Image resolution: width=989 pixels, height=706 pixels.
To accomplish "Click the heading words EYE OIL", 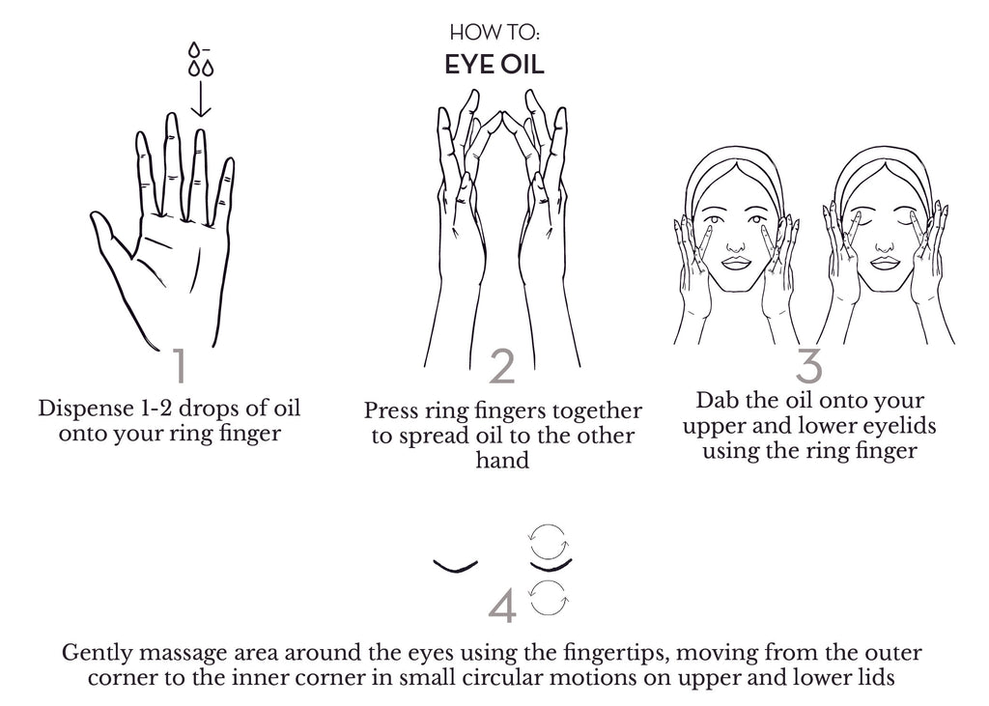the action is tap(494, 65).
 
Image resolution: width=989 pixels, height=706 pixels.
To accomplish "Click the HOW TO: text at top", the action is tap(494, 32).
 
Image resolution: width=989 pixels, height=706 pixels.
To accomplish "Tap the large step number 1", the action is tap(181, 365).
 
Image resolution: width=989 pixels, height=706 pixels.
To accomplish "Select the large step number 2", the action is tap(502, 367).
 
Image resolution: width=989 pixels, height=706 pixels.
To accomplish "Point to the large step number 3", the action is tap(808, 365).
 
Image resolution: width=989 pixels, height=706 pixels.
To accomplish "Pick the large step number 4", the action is tap(502, 607).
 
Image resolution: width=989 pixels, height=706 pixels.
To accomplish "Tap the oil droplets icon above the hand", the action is tap(201, 59).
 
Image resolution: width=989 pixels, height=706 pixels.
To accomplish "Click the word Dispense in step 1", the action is tap(85, 409).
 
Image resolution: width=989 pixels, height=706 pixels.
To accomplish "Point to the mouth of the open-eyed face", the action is tap(735, 262).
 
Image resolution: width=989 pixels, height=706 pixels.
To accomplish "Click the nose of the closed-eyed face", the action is tap(885, 246).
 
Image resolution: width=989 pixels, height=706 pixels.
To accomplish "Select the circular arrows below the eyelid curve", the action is tap(549, 598).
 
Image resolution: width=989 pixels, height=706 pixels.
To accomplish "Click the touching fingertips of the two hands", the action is tap(501, 116).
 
